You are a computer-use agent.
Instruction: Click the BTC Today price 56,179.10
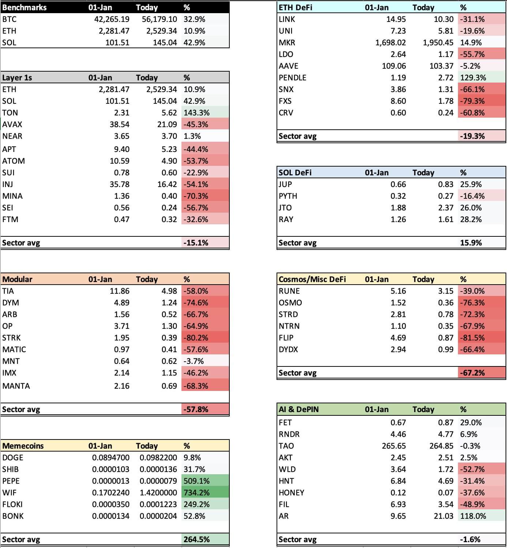(x=159, y=19)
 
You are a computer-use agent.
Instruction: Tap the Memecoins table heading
(x=23, y=446)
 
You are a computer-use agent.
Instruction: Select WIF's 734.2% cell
(x=196, y=492)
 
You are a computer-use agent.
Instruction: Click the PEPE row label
(x=11, y=481)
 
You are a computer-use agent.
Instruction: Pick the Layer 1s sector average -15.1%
(x=196, y=243)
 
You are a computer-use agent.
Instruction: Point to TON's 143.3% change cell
(x=196, y=113)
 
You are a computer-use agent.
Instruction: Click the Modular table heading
(x=17, y=279)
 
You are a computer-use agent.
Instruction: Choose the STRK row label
(x=11, y=338)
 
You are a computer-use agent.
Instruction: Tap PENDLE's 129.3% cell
(x=473, y=77)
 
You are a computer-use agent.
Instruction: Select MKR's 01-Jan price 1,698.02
(x=390, y=42)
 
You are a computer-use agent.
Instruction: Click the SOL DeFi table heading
(x=295, y=172)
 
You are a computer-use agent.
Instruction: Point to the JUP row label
(x=285, y=184)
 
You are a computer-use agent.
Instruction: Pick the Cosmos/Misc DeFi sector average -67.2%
(x=472, y=373)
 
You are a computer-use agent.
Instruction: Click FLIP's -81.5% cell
(x=472, y=338)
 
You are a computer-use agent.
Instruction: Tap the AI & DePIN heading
(x=298, y=409)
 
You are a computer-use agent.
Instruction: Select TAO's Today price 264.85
(x=441, y=446)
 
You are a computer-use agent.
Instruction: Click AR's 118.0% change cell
(x=473, y=516)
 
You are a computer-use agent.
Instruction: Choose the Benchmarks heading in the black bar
(x=24, y=7)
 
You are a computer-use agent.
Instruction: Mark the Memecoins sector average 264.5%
(x=196, y=539)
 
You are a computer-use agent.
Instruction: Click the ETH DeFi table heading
(x=295, y=7)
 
